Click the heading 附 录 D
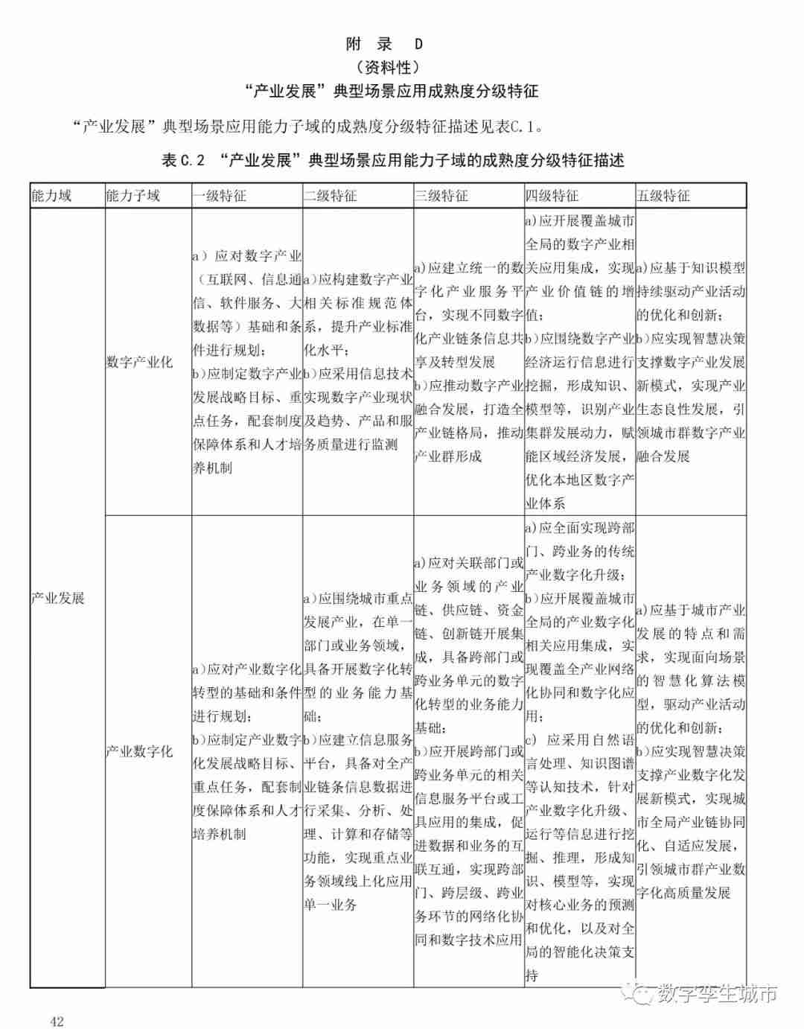click(384, 44)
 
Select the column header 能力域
click(51, 196)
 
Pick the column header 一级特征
click(220, 196)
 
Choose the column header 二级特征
click(331, 196)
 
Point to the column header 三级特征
click(441, 196)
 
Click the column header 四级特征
click(552, 196)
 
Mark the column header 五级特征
click(663, 196)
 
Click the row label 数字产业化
click(139, 362)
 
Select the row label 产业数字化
click(139, 751)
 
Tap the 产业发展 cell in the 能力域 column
click(58, 598)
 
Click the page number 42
click(57, 1021)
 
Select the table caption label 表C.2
click(182, 160)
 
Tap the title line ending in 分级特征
click(392, 92)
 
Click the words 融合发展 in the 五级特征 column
click(663, 456)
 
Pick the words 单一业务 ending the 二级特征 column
click(331, 905)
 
